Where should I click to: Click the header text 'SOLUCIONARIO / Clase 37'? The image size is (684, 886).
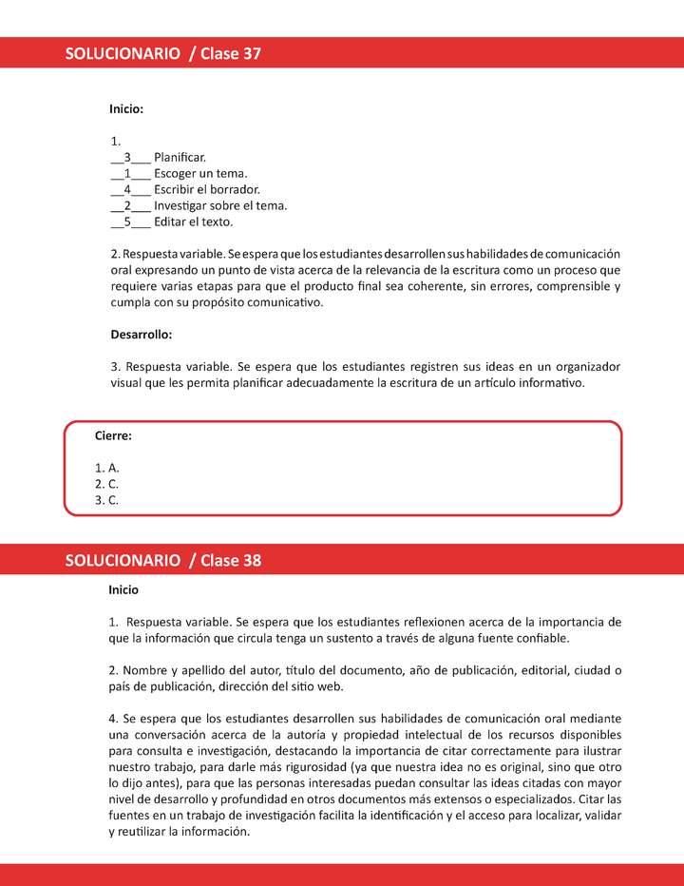pyautogui.click(x=162, y=54)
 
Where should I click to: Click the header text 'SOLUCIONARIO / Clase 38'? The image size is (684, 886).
pyautogui.click(x=162, y=561)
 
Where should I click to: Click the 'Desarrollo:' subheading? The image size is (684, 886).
pyautogui.click(x=142, y=335)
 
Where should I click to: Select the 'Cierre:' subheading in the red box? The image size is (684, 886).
pyautogui.click(x=113, y=435)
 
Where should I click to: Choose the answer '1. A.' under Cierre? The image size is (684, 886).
pyautogui.click(x=106, y=468)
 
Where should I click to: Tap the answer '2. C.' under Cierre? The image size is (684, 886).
pyautogui.click(x=106, y=484)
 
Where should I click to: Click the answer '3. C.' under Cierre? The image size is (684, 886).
pyautogui.click(x=106, y=500)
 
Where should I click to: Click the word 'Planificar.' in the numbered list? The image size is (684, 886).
pyautogui.click(x=180, y=157)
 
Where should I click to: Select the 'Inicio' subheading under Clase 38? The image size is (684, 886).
pyautogui.click(x=123, y=589)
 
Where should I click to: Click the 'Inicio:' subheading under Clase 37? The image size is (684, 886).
pyautogui.click(x=126, y=109)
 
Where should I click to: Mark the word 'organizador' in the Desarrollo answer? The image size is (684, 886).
pyautogui.click(x=583, y=367)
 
